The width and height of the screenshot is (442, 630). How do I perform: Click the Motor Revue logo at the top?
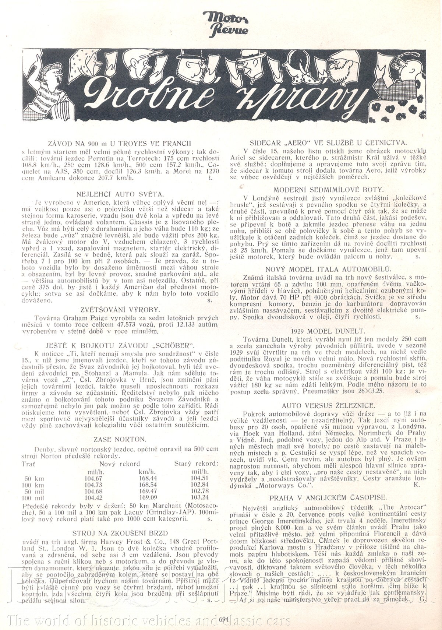pos(226,24)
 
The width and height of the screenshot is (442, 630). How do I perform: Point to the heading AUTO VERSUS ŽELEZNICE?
pos(328,405)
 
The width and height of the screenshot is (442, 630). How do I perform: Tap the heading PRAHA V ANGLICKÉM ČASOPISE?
pos(328,497)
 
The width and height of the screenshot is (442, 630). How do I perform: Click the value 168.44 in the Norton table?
pos(148,478)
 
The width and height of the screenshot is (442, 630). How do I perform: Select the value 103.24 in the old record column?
pos(200,497)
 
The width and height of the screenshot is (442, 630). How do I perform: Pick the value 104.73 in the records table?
pos(93,485)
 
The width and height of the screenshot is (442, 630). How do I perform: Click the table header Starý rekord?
pos(196,464)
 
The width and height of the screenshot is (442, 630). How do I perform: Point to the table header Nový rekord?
pos(120,464)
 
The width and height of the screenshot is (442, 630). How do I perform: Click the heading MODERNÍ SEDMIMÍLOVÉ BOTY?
pos(328,190)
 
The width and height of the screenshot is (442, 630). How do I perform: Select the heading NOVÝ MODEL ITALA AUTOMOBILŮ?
pos(328,269)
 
